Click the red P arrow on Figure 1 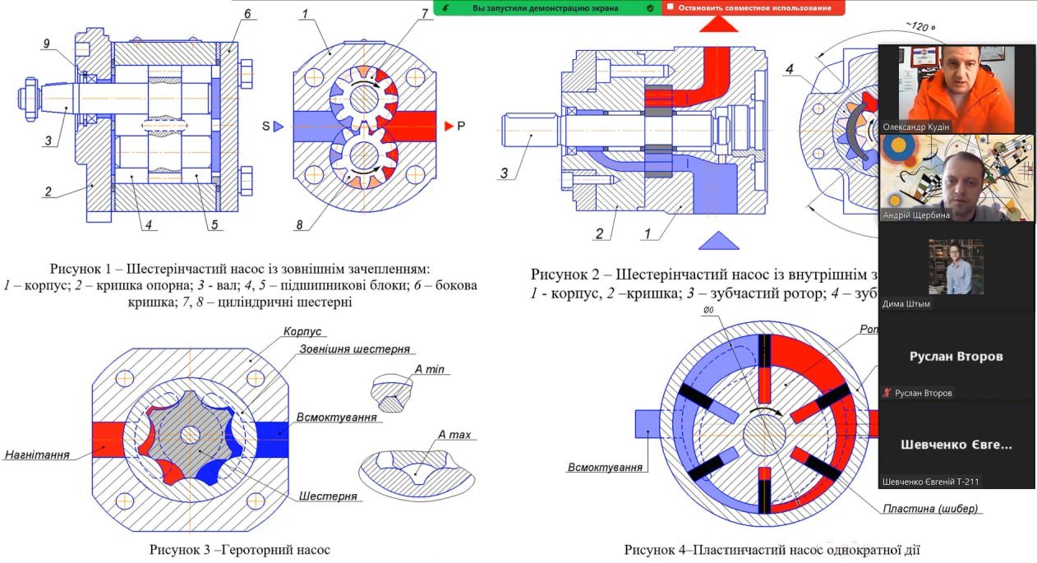coord(449,126)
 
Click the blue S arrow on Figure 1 coord(278,126)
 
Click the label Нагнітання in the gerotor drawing coord(37,454)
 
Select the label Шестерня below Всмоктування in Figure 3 coord(328,496)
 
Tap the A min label coord(429,370)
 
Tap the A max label coord(454,434)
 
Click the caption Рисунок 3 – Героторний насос coord(239,549)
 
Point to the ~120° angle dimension coord(921,27)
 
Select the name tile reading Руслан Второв coord(955,357)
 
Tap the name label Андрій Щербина coord(915,215)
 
